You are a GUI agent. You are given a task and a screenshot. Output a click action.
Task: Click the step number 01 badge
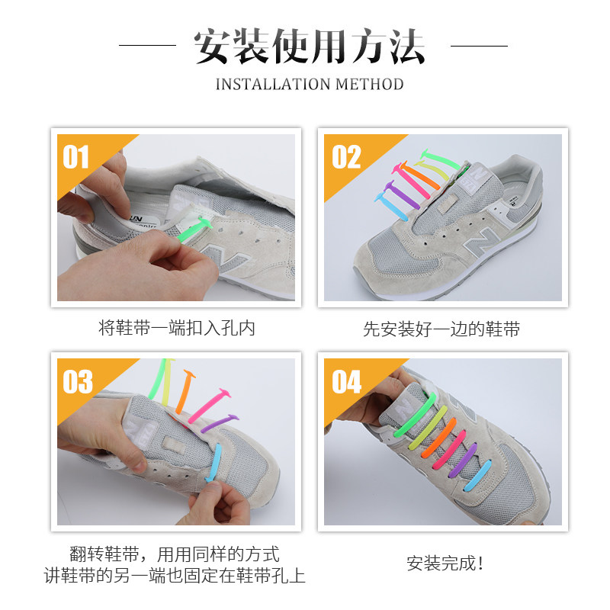(x=75, y=157)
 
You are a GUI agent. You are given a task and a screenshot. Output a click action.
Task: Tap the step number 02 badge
(x=346, y=157)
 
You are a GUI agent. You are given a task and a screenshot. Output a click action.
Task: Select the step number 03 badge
(x=78, y=382)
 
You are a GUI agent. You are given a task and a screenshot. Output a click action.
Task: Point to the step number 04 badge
(x=347, y=382)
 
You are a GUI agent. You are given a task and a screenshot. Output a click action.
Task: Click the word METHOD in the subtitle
(x=369, y=85)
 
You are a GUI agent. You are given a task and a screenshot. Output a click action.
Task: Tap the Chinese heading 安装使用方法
(x=310, y=46)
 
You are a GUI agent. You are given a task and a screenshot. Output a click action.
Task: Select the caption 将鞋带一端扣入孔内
(x=177, y=328)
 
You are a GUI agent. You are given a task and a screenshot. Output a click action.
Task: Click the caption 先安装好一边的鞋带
(x=441, y=329)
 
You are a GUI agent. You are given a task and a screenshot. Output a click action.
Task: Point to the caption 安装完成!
(x=445, y=563)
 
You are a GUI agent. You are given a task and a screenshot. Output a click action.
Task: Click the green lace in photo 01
(x=194, y=230)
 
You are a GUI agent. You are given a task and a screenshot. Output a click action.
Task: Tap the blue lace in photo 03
(x=214, y=463)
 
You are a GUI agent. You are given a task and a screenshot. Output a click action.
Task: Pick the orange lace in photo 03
(x=184, y=392)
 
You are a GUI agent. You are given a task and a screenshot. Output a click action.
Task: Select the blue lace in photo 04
(x=479, y=476)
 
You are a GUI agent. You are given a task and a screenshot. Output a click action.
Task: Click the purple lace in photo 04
(x=463, y=461)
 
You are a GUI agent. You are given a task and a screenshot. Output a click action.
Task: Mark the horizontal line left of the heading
(x=147, y=45)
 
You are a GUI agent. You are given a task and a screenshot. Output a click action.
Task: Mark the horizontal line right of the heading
(x=480, y=46)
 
